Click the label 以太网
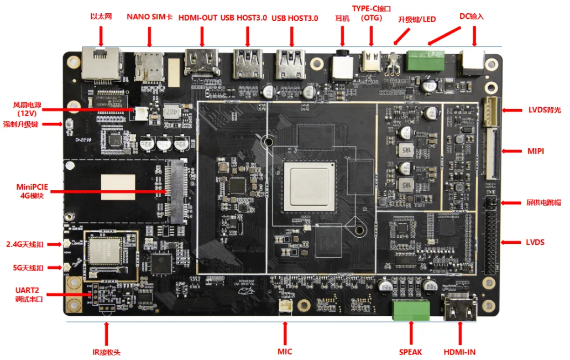[x=101, y=17]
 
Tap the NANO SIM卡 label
[x=150, y=17]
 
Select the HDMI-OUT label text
[x=197, y=18]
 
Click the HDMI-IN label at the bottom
[x=459, y=352]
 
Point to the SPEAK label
[x=410, y=352]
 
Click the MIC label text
[x=285, y=352]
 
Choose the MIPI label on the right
[x=536, y=150]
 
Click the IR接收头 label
[x=106, y=352]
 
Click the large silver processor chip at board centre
[x=309, y=186]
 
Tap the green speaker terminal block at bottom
[x=411, y=310]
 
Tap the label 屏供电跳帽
[x=541, y=202]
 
